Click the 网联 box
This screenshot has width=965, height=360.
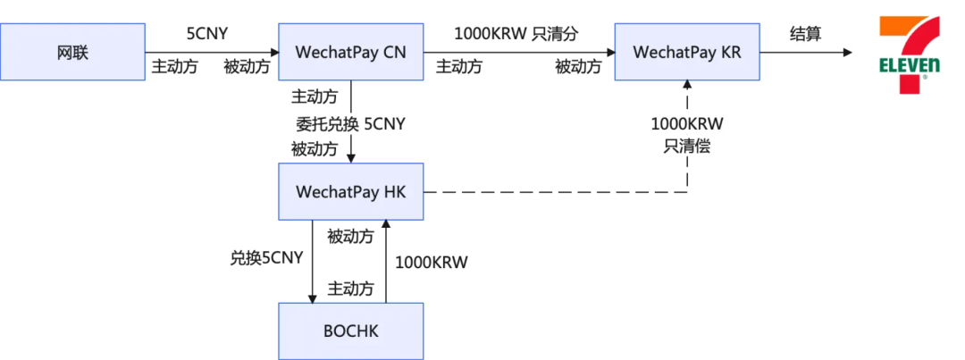click(x=72, y=52)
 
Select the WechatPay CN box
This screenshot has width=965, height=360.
click(x=350, y=52)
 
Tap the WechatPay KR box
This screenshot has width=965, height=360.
click(x=687, y=52)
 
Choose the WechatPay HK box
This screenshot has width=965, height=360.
click(x=350, y=191)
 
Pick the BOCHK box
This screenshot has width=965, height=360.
click(x=350, y=331)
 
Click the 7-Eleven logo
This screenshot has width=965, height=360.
click(x=909, y=53)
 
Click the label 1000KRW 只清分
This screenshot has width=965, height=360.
click(x=516, y=34)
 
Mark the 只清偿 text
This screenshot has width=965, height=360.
click(x=687, y=146)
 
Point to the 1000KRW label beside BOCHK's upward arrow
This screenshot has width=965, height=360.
click(x=432, y=263)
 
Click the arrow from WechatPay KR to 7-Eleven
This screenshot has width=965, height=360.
click(x=804, y=53)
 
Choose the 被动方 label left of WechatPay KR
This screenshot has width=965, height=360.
click(x=578, y=66)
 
